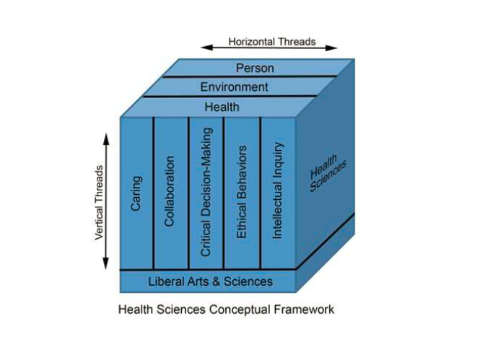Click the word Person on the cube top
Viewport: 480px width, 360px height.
click(255, 68)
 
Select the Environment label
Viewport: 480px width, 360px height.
click(234, 87)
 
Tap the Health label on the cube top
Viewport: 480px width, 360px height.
click(222, 107)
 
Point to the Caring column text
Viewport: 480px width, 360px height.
click(136, 193)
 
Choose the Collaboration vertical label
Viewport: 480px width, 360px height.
click(170, 191)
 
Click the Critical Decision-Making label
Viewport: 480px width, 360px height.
click(206, 192)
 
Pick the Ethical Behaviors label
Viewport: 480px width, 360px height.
click(242, 192)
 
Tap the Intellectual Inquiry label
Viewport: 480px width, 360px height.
click(277, 190)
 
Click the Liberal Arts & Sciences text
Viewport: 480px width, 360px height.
click(210, 281)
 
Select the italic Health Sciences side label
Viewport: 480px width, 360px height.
click(327, 173)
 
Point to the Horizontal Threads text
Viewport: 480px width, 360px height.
click(272, 42)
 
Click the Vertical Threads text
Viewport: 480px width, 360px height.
click(99, 203)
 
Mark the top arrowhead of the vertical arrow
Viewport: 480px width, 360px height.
click(106, 139)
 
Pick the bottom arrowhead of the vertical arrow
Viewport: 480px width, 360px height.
click(105, 263)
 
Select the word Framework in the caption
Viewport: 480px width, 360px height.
click(304, 309)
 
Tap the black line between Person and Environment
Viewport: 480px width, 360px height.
click(250, 76)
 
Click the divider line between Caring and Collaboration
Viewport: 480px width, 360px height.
click(153, 193)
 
